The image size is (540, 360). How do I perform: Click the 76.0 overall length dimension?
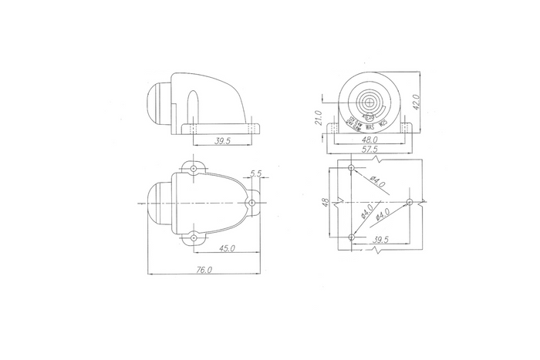coord(204,270)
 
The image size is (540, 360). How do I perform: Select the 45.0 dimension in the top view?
coord(227,248)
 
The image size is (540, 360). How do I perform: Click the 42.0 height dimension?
coord(416,102)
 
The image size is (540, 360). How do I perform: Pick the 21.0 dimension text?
coord(318,118)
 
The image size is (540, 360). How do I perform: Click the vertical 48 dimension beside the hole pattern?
coord(326,203)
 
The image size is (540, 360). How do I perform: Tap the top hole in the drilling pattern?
coord(351,167)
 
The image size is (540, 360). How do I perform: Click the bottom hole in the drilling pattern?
coord(351,236)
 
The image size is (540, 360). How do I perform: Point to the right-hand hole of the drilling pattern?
coord(410,202)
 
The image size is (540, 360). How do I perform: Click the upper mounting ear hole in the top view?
coord(193,167)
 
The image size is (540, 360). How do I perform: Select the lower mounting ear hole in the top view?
coord(193,238)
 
